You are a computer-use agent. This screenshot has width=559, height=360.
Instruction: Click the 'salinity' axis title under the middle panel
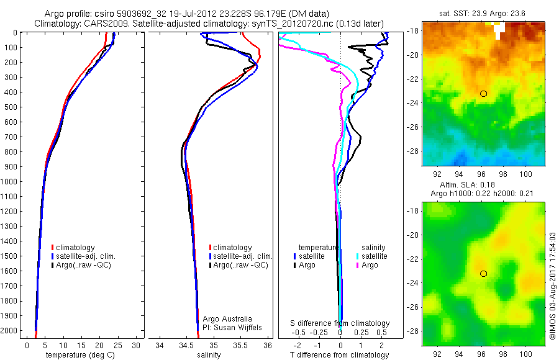209,356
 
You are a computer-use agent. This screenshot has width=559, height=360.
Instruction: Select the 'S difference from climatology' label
340,324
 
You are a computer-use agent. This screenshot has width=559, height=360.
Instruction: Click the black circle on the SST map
483,94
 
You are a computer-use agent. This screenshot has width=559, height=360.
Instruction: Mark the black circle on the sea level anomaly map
483,273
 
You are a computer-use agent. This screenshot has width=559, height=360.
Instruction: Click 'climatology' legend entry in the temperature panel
78,248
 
